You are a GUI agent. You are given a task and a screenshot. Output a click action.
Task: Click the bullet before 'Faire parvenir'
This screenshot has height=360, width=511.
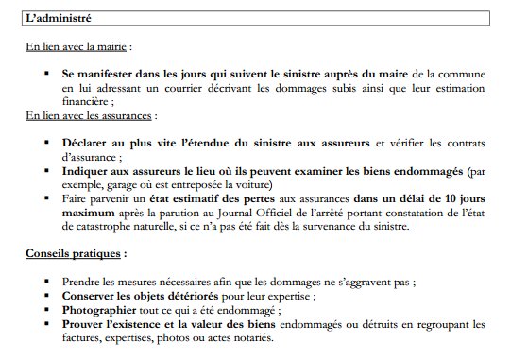(x=45, y=199)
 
